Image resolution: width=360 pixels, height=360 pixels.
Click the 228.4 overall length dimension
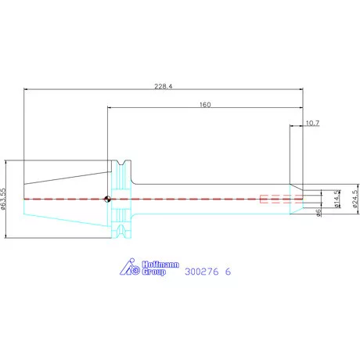click(x=164, y=86)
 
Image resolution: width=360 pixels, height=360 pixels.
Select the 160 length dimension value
click(x=205, y=105)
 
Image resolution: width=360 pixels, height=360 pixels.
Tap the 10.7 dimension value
click(x=312, y=123)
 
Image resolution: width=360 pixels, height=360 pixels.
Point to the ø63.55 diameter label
click(x=3, y=199)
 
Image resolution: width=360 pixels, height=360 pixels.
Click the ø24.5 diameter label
click(x=355, y=199)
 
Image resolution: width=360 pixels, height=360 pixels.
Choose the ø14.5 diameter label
click(x=337, y=199)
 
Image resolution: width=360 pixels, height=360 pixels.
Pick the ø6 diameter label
click(x=319, y=213)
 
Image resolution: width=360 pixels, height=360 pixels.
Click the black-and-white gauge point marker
click(x=107, y=199)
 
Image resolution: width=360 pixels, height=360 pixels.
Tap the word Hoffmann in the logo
click(x=160, y=265)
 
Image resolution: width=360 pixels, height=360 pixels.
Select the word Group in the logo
click(x=154, y=272)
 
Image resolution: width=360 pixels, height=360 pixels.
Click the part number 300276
click(x=202, y=272)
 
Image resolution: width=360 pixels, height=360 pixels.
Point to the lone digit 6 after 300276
click(x=228, y=272)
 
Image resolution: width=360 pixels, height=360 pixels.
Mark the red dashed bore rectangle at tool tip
click(x=282, y=199)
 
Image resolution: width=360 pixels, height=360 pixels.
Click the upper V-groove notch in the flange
click(x=121, y=163)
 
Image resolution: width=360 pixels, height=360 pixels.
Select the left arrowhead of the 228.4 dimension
click(x=26, y=89)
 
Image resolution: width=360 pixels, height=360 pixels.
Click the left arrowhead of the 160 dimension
click(x=110, y=107)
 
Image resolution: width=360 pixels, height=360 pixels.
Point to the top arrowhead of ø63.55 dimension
click(x=5, y=162)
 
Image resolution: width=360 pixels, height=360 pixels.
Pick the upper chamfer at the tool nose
click(x=297, y=187)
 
